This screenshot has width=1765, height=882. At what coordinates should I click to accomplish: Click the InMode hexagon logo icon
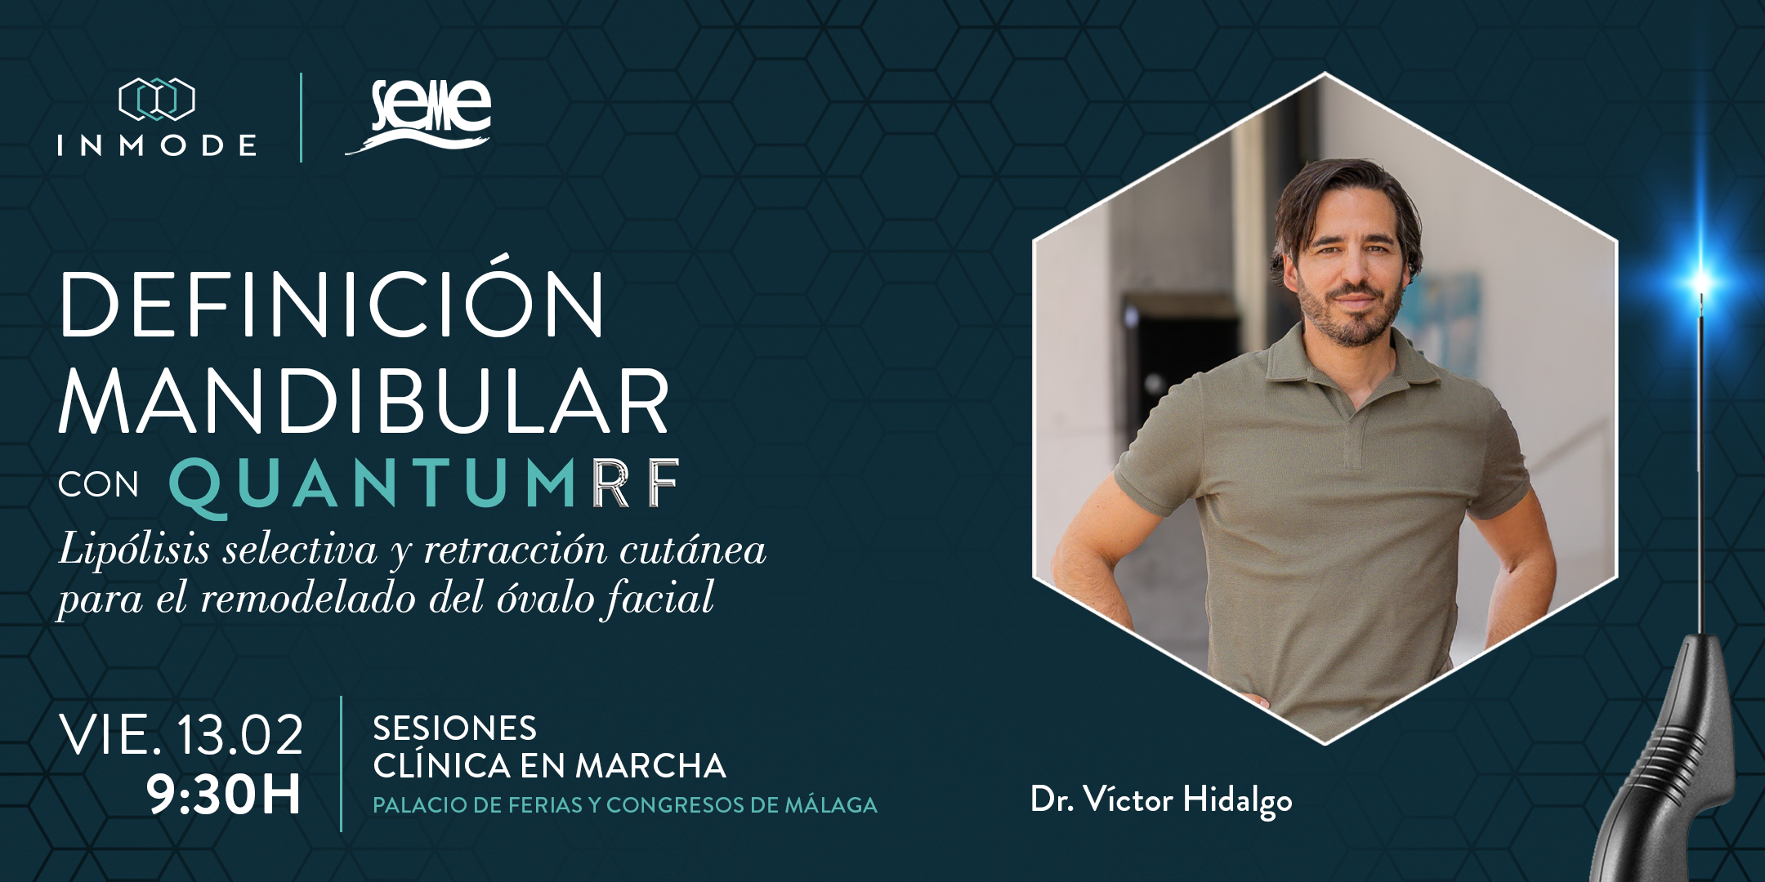[157, 100]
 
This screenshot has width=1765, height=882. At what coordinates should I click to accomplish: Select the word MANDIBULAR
[364, 401]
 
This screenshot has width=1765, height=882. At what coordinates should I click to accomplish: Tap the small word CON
[99, 485]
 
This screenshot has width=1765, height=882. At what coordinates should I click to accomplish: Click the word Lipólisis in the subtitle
[135, 550]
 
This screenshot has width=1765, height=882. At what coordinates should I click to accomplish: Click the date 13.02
[239, 734]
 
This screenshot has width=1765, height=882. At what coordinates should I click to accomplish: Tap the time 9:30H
[224, 794]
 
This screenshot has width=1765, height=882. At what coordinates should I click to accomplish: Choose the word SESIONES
[455, 728]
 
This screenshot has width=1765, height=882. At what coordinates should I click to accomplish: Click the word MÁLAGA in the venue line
[831, 804]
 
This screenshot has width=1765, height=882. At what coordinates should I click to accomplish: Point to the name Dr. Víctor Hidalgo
[1161, 800]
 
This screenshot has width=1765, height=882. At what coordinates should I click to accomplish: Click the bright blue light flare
[1703, 282]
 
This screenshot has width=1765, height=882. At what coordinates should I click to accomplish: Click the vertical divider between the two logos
[302, 117]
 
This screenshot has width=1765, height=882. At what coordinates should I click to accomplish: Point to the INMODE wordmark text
[157, 145]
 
